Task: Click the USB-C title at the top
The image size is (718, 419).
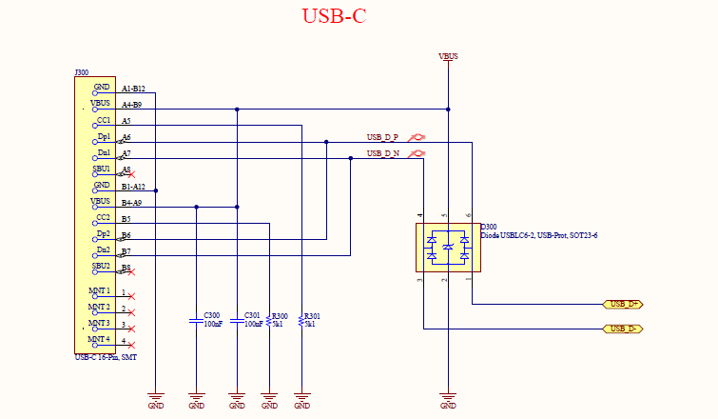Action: (334, 16)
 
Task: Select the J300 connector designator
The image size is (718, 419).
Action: (82, 72)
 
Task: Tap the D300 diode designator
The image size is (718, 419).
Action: (489, 227)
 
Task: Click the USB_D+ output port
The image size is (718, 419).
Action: (624, 304)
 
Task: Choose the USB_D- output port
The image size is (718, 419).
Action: (623, 329)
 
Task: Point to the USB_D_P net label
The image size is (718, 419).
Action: (383, 137)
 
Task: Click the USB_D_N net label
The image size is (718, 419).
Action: (383, 153)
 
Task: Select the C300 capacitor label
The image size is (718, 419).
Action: (212, 315)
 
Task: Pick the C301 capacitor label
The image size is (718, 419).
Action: (252, 315)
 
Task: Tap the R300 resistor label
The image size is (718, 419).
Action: (280, 315)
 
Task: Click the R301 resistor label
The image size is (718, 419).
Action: (312, 315)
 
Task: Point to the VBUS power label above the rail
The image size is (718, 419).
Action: (448, 56)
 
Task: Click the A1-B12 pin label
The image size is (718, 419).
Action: (133, 89)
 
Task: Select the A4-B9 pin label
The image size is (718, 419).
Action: (131, 105)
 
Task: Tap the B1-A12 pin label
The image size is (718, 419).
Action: (133, 187)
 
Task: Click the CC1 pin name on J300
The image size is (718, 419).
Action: (104, 120)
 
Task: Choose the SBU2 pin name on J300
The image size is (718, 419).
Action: (101, 266)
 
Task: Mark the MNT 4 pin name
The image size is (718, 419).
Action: (100, 339)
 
